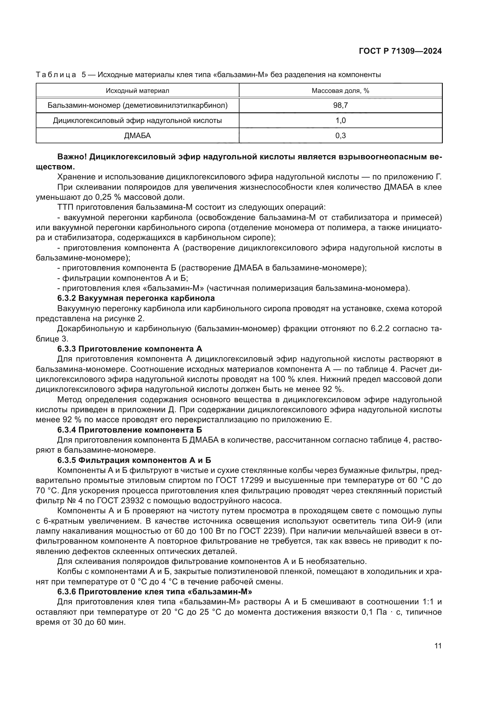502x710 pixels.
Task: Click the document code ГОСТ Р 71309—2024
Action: pos(400,51)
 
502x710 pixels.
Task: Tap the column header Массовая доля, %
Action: pos(340,90)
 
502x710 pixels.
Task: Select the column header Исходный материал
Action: pos(137,90)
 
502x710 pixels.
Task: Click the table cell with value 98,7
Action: pos(340,105)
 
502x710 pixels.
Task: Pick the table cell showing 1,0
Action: pos(340,121)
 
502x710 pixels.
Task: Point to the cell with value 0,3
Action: pos(340,135)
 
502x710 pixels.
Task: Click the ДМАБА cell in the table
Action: pos(137,135)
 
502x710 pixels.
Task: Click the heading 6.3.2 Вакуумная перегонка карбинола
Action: pos(136,298)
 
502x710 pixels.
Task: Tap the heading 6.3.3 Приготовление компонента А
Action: pos(130,349)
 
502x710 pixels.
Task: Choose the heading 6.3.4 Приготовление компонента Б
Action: pos(130,430)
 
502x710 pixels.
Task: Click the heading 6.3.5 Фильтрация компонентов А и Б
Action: pos(134,460)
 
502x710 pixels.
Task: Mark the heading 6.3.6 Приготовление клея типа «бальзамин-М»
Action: pos(154,592)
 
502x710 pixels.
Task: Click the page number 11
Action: pos(438,646)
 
